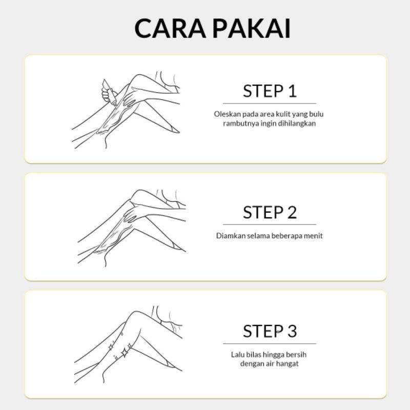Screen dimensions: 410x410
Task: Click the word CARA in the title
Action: coord(170,28)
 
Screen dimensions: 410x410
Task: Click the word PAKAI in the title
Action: coord(252,28)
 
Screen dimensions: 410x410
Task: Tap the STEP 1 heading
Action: coord(270,91)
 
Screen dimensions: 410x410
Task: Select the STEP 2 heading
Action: coord(270,212)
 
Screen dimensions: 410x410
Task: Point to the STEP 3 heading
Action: coord(270,331)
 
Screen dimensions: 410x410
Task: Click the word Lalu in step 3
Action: coord(237,355)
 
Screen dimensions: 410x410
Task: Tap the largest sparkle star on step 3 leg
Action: coord(125,353)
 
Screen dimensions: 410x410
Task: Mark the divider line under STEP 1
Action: coord(270,104)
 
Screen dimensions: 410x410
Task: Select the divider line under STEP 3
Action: coord(270,343)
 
